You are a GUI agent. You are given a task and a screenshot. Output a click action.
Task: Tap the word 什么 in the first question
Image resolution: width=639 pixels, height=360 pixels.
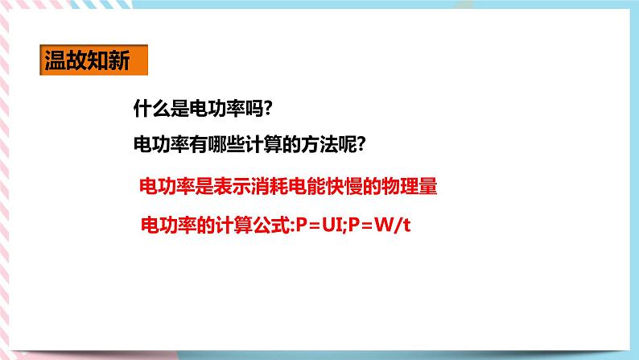point(150,110)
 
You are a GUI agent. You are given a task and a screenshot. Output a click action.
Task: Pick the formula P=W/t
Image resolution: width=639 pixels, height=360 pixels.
point(378,224)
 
